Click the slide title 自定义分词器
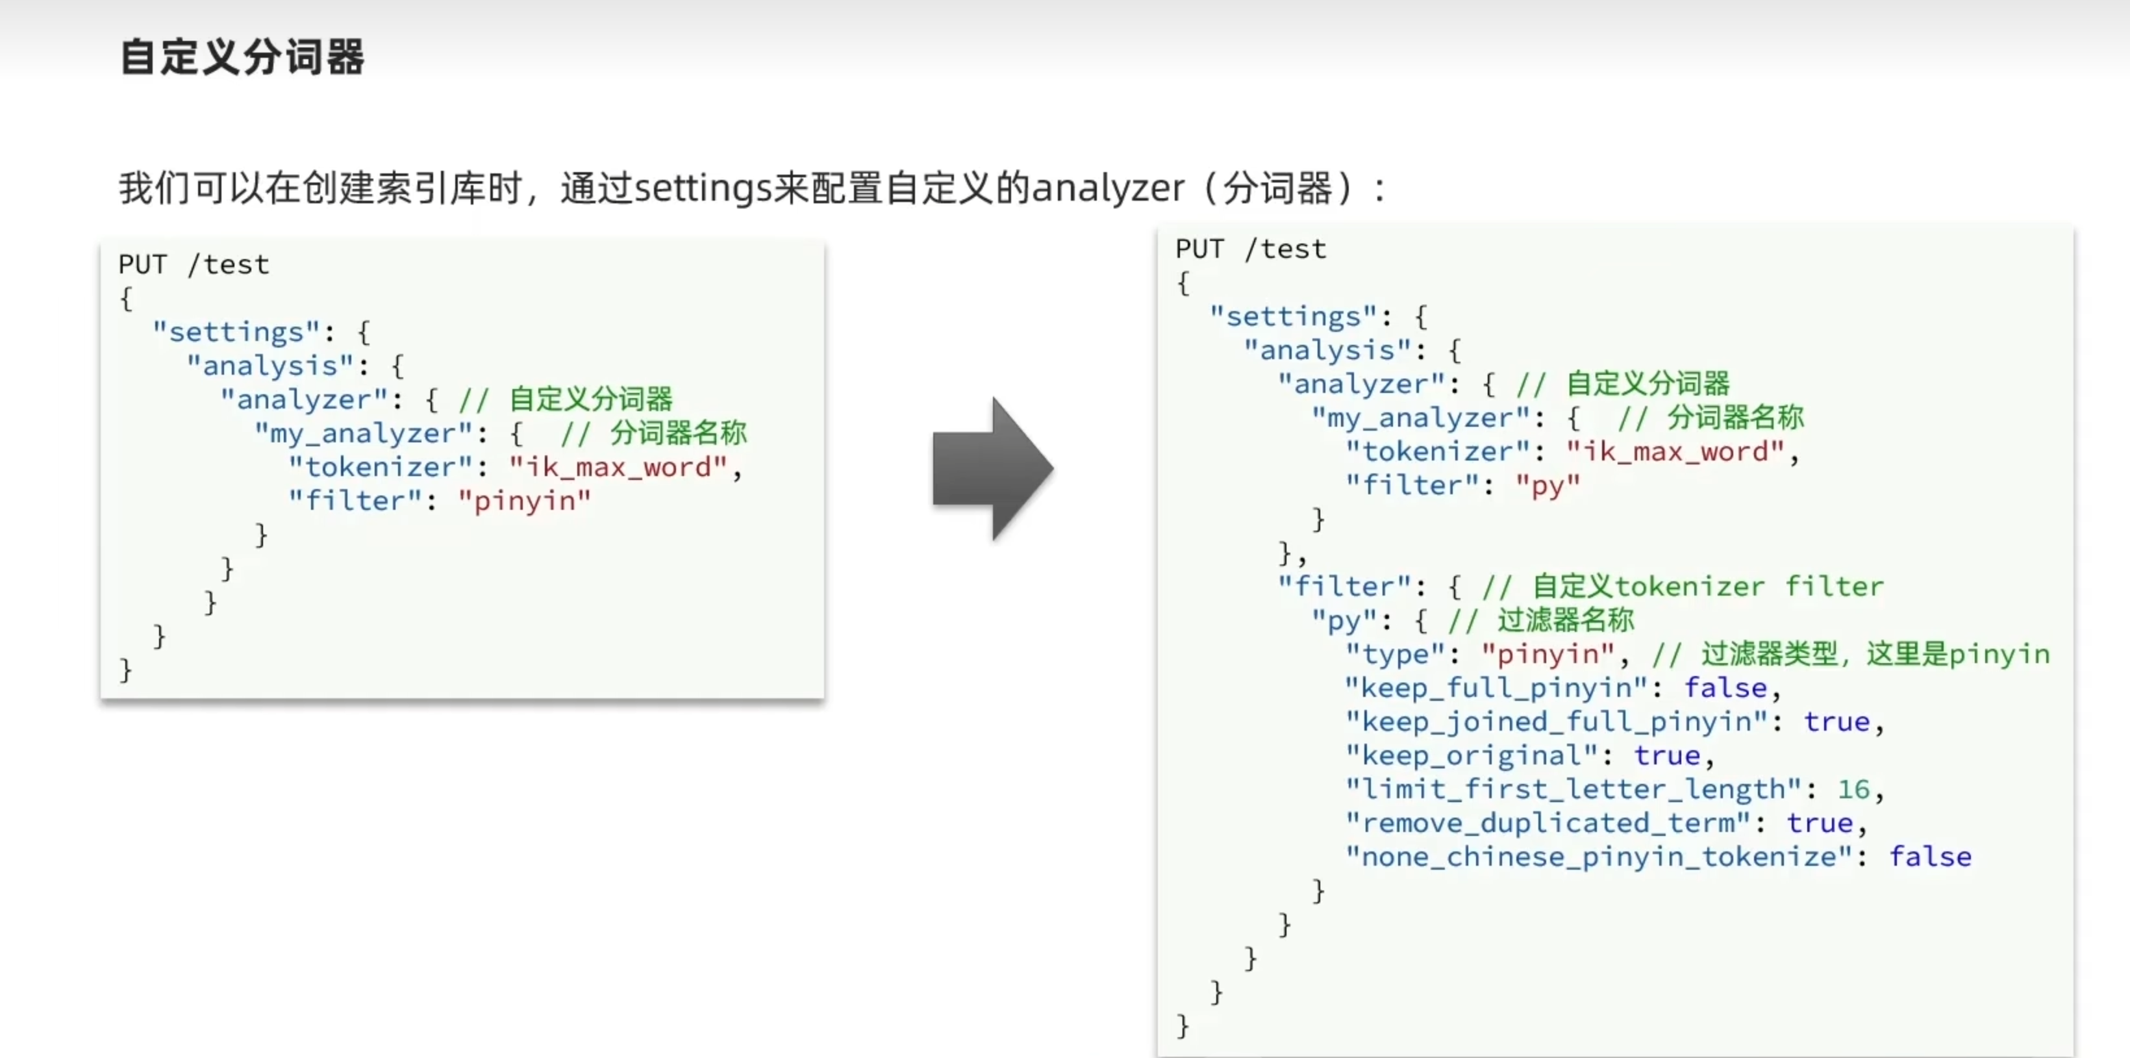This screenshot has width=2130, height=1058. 242,57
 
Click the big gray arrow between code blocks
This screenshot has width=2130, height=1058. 992,469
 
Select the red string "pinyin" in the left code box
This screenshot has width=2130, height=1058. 524,501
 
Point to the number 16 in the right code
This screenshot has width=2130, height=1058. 1853,788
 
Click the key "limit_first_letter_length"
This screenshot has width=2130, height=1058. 1573,788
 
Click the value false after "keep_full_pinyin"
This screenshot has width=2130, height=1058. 1725,687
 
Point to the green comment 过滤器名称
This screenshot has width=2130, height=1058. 1565,620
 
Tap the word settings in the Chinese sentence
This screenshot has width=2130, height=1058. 703,188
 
